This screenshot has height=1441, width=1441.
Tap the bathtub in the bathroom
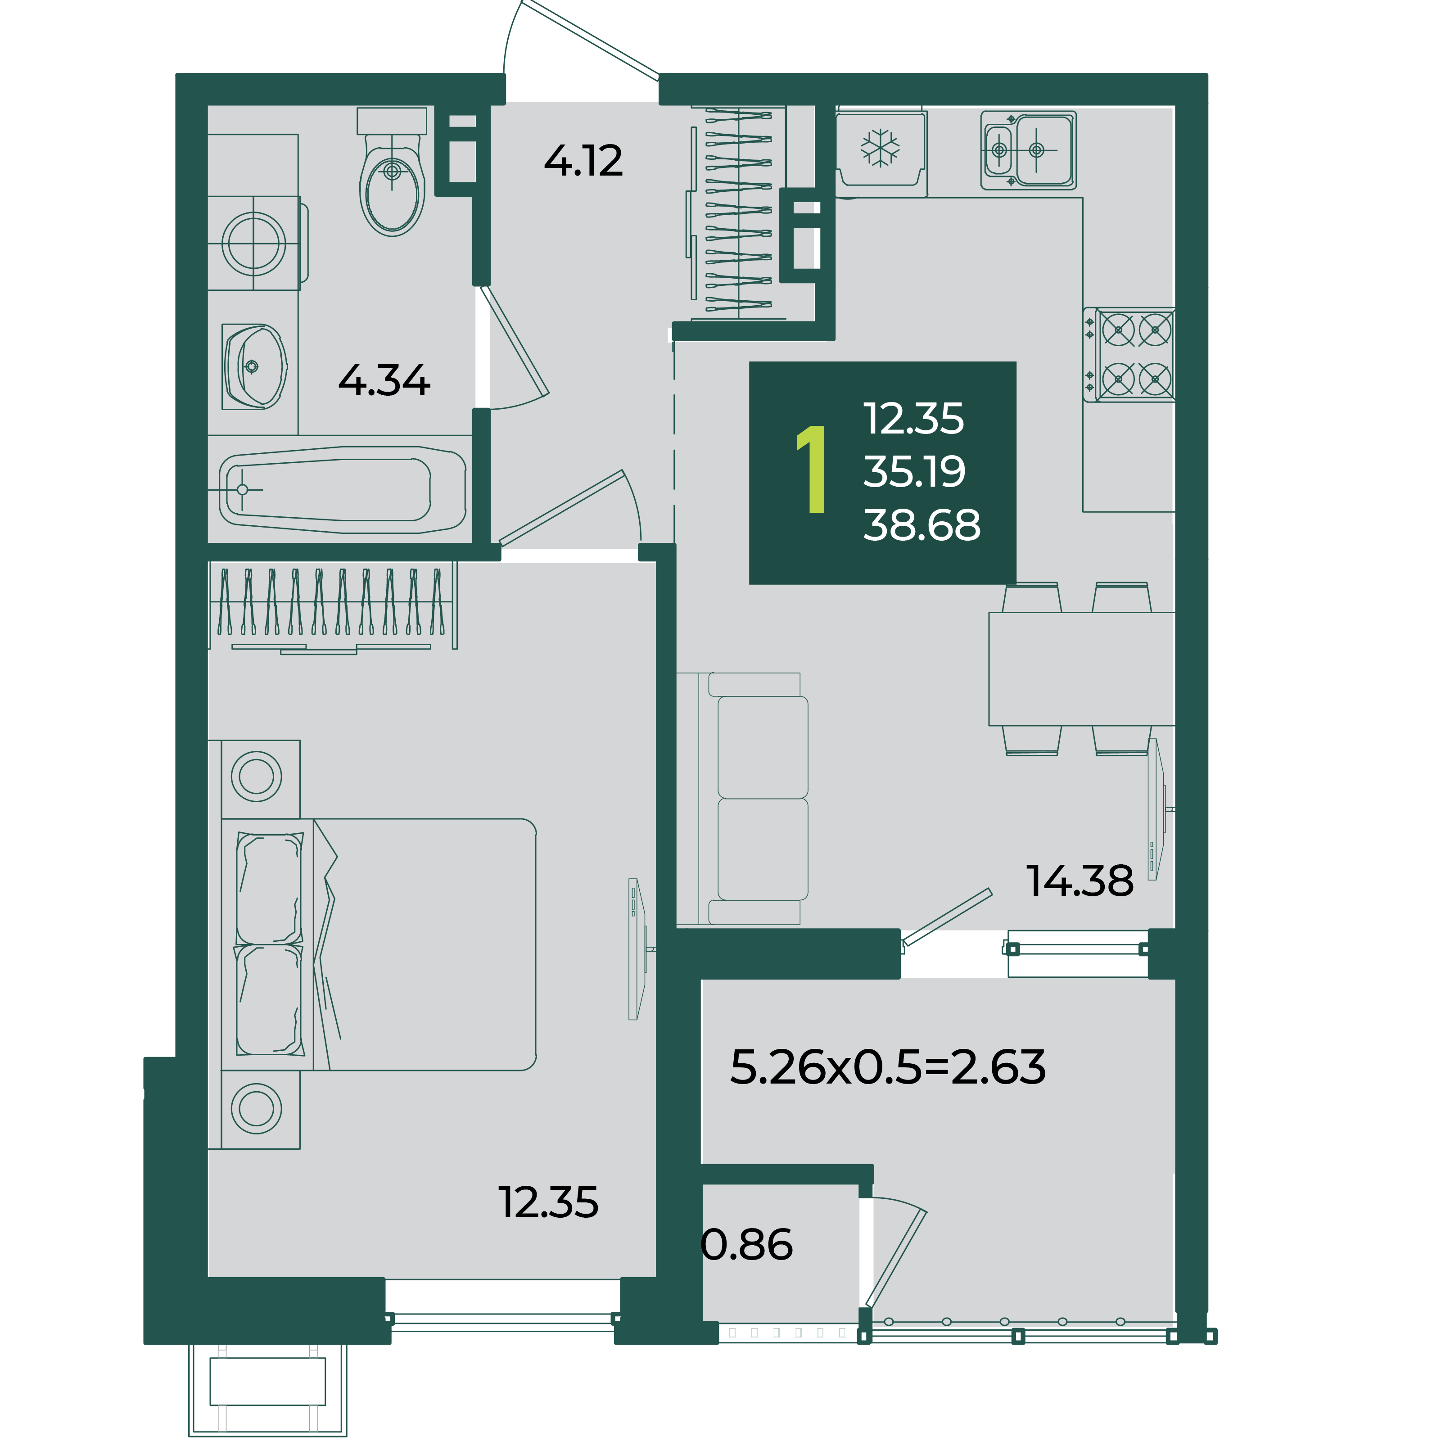342,490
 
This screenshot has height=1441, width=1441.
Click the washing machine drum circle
253,243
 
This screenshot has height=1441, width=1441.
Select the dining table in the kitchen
1081,669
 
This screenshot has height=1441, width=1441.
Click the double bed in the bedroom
379,945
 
